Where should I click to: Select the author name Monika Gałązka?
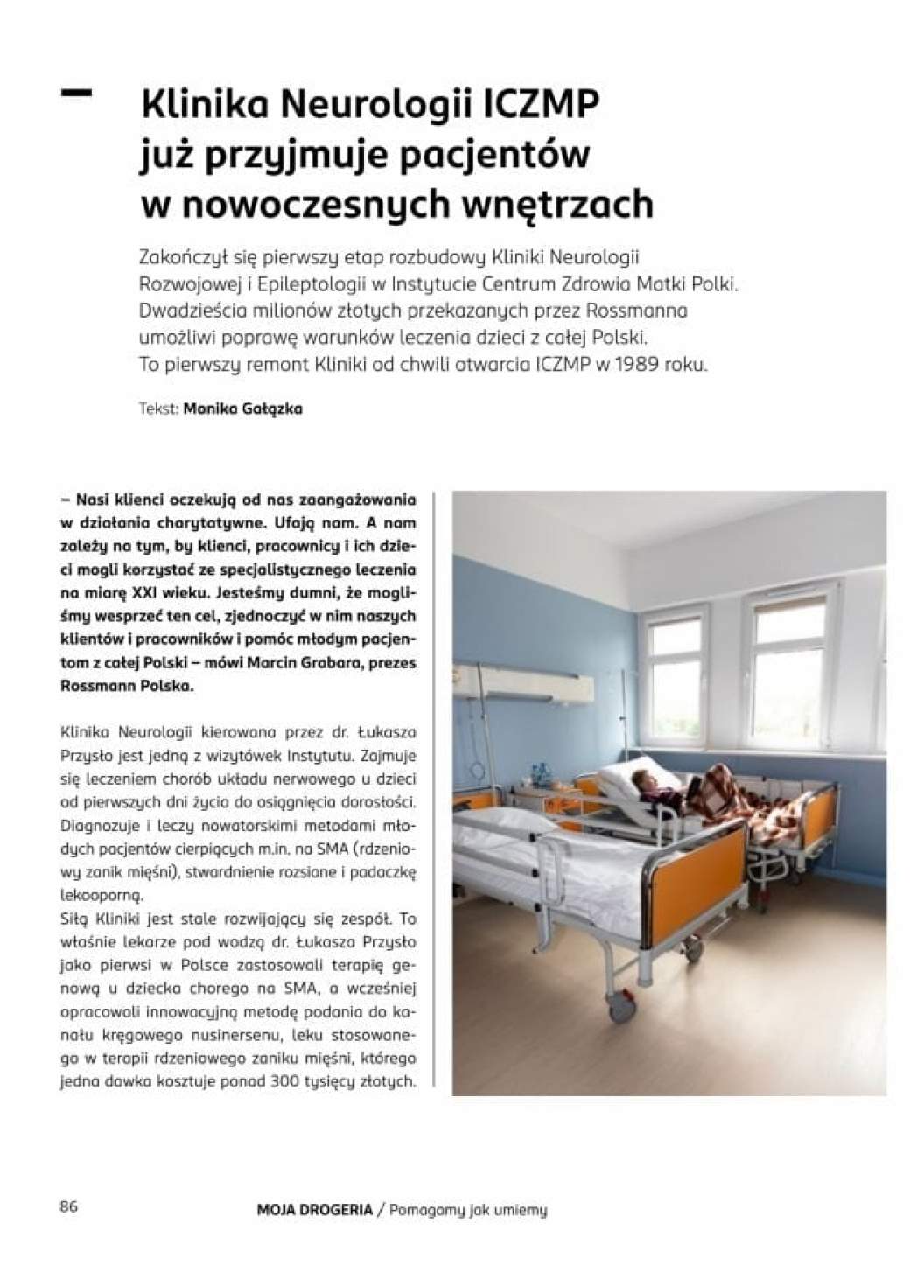pyautogui.click(x=242, y=409)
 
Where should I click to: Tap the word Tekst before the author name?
pyautogui.click(x=158, y=409)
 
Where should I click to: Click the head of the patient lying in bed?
pyautogui.click(x=646, y=774)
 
